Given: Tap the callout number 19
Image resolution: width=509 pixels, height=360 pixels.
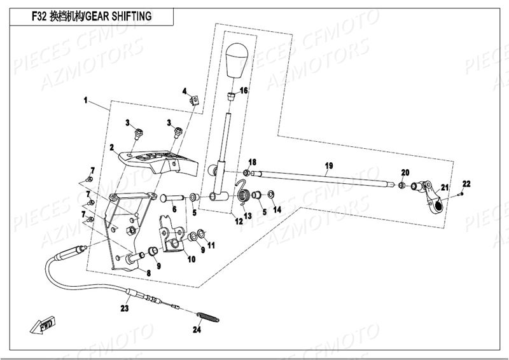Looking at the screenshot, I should point(328,166).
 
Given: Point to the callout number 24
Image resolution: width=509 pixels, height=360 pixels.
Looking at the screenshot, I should point(197,329).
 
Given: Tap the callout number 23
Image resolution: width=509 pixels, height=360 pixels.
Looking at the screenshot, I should point(125,309).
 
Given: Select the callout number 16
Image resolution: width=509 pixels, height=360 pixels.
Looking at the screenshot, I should point(244,90).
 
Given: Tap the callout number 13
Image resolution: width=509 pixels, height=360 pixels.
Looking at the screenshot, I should point(248,216).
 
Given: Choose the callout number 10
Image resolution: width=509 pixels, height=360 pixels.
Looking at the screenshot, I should point(191,259).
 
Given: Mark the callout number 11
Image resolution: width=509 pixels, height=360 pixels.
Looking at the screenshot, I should point(211,245).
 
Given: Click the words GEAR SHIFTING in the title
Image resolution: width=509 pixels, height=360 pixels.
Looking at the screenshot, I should point(119,16).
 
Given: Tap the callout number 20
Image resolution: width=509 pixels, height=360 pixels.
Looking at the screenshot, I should point(405,172).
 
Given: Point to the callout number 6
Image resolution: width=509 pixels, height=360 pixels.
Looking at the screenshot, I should point(174,208).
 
